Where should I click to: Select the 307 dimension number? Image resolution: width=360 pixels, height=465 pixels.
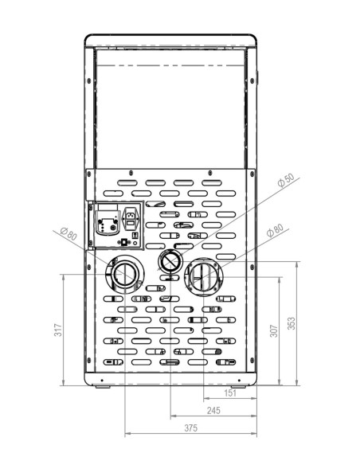(x=272, y=330)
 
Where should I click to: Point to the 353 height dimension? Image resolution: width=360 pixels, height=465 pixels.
(x=291, y=323)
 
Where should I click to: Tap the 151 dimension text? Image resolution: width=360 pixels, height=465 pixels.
(x=229, y=393)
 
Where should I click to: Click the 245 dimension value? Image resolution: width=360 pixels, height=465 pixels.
(x=213, y=412)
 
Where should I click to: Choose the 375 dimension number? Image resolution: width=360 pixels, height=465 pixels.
(x=190, y=428)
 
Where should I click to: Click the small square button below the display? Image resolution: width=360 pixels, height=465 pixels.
(x=123, y=241)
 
